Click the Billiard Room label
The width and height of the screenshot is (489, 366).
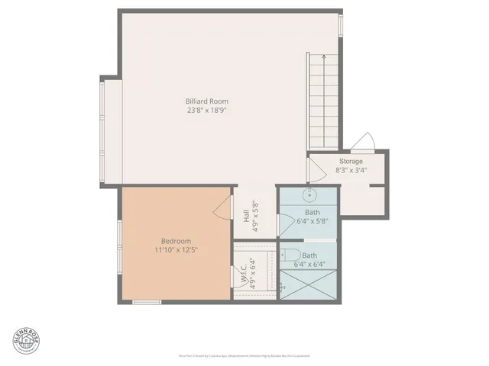click(206, 101)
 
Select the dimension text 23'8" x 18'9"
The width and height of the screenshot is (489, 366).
click(206, 111)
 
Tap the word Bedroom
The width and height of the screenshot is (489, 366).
click(176, 241)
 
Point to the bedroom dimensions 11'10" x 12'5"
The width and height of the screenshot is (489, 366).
click(176, 250)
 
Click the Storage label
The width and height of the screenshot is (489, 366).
click(351, 162)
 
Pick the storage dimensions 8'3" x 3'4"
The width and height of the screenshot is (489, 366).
click(351, 171)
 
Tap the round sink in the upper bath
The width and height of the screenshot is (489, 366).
click(312, 193)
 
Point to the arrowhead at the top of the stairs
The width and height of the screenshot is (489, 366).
click(323, 57)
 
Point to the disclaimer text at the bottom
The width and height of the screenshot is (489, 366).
click(244, 355)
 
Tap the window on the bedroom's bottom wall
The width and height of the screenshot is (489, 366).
click(147, 302)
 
